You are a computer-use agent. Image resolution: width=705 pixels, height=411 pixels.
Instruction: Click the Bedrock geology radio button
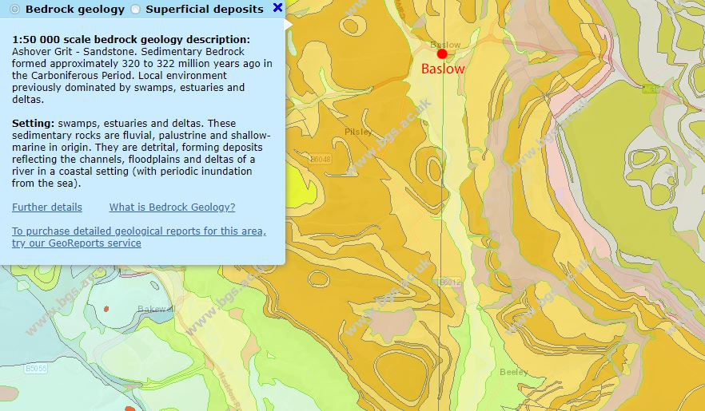[x=14, y=10]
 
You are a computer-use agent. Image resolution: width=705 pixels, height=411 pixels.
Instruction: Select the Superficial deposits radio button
[x=135, y=10]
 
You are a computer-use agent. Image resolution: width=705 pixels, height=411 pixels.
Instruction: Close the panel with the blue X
[x=277, y=8]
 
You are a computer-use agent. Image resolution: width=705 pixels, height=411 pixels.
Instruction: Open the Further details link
[x=47, y=207]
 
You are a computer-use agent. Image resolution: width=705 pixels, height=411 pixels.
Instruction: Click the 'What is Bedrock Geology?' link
[x=172, y=207]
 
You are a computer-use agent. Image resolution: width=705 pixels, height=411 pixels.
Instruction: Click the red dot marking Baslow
[x=442, y=53]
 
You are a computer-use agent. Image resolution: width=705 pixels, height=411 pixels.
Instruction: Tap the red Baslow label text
[x=443, y=69]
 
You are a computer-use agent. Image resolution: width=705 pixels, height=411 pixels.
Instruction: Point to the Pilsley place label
[x=358, y=132]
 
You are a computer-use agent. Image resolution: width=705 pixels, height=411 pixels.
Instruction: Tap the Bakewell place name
[x=154, y=309]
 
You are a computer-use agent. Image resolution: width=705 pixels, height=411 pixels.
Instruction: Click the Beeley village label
[x=514, y=372]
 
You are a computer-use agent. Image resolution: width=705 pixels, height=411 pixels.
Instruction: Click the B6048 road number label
[x=320, y=160]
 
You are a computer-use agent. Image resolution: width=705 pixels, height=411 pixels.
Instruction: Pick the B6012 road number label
[x=450, y=283]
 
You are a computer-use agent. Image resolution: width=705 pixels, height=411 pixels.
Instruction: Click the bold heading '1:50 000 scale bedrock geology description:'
[x=131, y=39]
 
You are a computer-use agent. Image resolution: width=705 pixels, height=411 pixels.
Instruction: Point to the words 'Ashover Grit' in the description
[x=40, y=51]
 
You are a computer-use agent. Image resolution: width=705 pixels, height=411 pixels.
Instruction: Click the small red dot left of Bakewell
[x=106, y=307]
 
